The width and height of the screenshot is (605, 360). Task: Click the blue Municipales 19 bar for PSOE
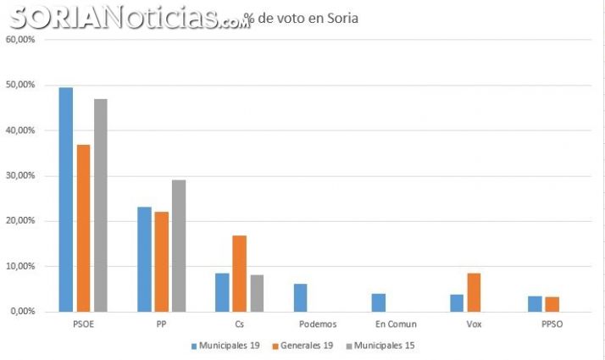click(65, 199)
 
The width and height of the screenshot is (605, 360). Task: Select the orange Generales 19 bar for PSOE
click(83, 228)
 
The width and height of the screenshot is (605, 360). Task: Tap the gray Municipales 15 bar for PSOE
click(100, 205)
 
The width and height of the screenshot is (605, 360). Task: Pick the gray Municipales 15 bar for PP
click(178, 246)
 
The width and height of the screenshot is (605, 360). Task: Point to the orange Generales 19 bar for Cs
click(239, 273)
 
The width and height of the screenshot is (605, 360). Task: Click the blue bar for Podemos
click(300, 297)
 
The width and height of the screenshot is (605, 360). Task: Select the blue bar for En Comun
click(378, 302)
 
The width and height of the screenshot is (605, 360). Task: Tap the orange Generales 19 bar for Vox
click(474, 292)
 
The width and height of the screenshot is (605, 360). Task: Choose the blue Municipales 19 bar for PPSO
click(535, 303)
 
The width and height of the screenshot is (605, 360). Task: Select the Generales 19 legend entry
click(302, 346)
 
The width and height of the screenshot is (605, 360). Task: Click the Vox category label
click(474, 324)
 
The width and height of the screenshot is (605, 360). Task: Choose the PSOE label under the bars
click(83, 324)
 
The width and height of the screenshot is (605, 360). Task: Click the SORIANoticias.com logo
click(127, 17)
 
